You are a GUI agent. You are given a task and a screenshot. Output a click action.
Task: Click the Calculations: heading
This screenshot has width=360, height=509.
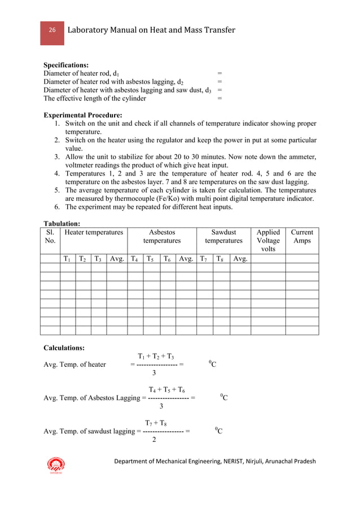point(64,348)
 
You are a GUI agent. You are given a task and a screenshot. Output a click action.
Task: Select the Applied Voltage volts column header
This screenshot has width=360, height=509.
point(268,240)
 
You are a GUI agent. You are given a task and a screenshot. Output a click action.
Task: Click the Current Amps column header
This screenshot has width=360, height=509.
point(302,236)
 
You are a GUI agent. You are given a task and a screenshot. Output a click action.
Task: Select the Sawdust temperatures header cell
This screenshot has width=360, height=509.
point(223,236)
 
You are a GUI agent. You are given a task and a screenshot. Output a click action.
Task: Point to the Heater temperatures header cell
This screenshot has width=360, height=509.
point(94,232)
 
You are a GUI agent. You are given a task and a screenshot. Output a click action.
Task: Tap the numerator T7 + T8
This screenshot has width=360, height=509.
point(156,423)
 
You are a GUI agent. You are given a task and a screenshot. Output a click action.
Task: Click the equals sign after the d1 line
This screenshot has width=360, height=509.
point(219,73)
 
